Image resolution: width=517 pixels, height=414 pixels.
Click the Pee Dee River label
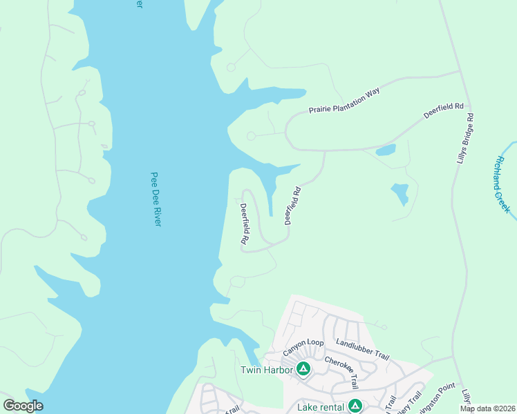[x=156, y=200]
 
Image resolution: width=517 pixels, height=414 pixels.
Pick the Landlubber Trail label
[x=362, y=350]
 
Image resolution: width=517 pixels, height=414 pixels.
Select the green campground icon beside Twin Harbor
[x=303, y=369]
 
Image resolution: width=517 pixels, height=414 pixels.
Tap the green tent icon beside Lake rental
[x=355, y=406]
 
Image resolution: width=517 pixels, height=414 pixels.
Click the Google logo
[x=23, y=406]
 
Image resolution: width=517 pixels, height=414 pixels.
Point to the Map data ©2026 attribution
[x=487, y=408]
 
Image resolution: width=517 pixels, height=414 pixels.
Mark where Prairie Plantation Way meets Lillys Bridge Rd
[x=460, y=71]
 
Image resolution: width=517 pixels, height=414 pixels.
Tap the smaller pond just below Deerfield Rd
[x=386, y=150]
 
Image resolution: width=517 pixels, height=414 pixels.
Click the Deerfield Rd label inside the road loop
[x=244, y=224]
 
